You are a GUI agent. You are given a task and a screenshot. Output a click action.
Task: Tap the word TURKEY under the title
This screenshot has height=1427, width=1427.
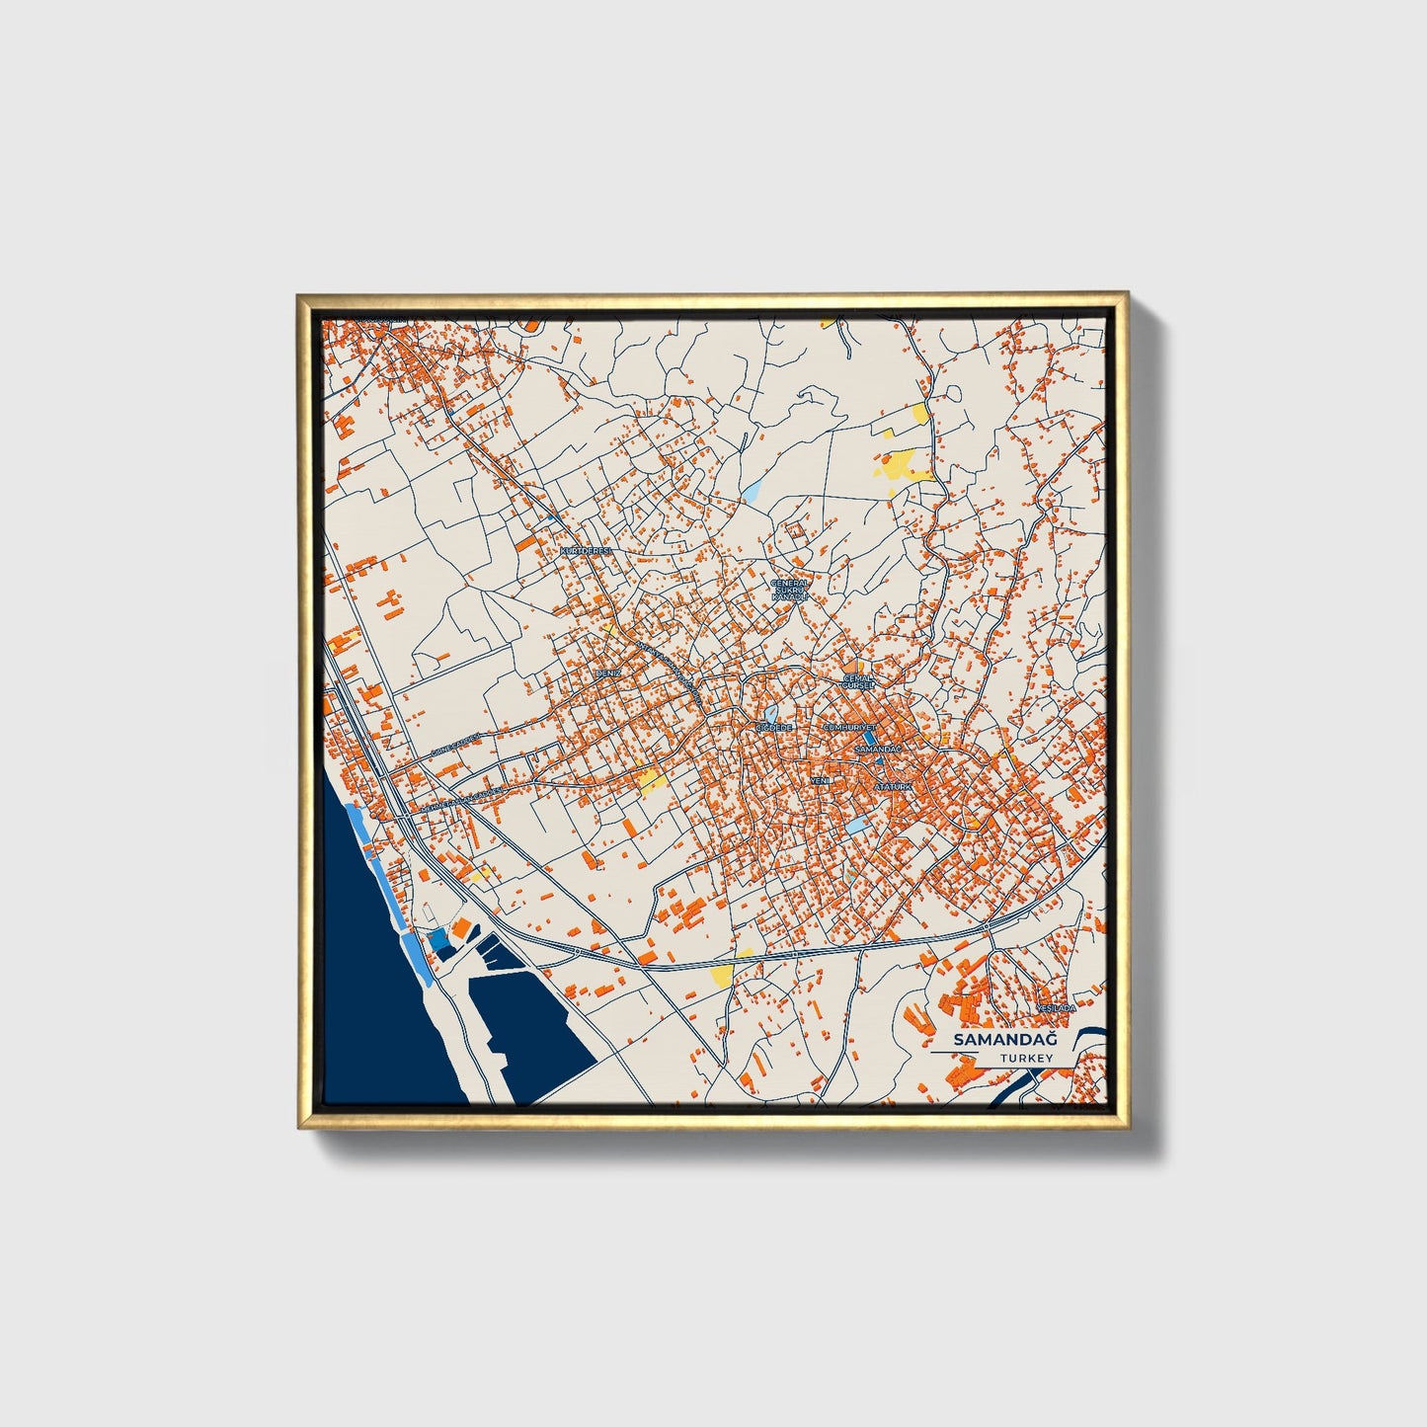click(1025, 1058)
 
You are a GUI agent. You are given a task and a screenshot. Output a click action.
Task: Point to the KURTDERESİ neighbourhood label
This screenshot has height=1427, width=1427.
click(587, 550)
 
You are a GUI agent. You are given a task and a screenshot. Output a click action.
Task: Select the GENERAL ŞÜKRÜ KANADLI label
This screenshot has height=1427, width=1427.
click(789, 591)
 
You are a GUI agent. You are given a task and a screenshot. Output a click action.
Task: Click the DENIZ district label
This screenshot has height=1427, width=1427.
click(606, 673)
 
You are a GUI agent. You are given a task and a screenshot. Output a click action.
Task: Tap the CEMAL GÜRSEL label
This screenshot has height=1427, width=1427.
click(858, 682)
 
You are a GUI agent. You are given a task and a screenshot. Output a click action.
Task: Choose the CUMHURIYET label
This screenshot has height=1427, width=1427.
click(849, 726)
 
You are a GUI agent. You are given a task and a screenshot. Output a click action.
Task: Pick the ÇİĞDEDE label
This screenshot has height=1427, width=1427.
click(773, 727)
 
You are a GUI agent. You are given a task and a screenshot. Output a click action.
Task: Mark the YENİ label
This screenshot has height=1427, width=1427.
click(819, 780)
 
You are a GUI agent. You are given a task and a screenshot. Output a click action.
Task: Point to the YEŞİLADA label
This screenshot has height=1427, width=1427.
click(1055, 1008)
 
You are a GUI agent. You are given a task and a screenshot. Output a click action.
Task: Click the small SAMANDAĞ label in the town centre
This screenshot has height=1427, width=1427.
click(877, 750)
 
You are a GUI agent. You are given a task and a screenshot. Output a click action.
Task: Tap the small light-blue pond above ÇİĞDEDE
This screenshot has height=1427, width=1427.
click(768, 711)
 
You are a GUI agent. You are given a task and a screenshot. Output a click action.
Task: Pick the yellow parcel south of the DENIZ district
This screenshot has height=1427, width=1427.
click(651, 783)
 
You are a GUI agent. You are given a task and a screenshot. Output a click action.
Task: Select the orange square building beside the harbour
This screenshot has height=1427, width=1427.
click(459, 927)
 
